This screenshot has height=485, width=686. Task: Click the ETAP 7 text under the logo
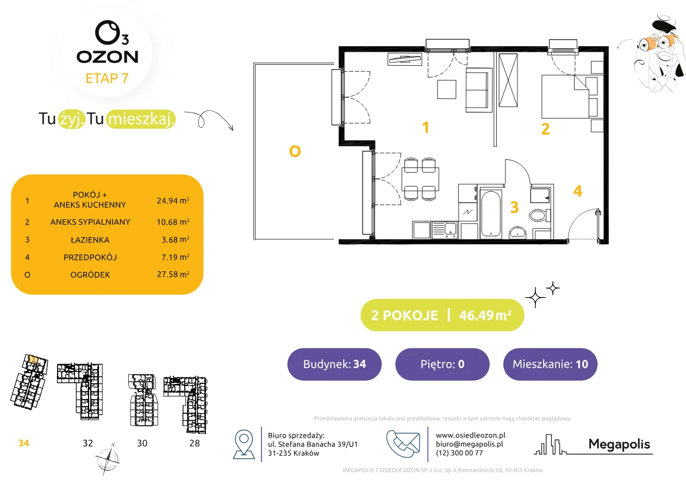[107, 78]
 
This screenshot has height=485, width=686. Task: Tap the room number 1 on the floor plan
[426, 127]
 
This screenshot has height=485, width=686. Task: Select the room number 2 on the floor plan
[545, 129]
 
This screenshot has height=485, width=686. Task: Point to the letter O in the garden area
[295, 151]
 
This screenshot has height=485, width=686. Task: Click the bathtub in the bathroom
[491, 214]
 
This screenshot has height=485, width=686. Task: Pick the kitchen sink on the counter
[445, 230]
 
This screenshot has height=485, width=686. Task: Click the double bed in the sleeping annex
[565, 97]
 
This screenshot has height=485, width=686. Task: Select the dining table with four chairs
[420, 179]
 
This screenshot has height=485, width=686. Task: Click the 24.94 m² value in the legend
[173, 201]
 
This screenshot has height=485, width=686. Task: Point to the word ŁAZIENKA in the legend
[90, 240]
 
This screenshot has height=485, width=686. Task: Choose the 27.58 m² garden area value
[173, 274]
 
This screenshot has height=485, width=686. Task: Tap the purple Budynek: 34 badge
[334, 364]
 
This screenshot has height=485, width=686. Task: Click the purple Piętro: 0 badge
[442, 364]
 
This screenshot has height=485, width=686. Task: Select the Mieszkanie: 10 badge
[550, 364]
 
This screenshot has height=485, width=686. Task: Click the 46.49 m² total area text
[485, 315]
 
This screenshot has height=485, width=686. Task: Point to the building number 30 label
[142, 443]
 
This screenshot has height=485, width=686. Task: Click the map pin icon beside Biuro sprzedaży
[244, 444]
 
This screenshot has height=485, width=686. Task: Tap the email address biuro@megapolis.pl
[470, 444]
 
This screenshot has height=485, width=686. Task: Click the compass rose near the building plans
[107, 459]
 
